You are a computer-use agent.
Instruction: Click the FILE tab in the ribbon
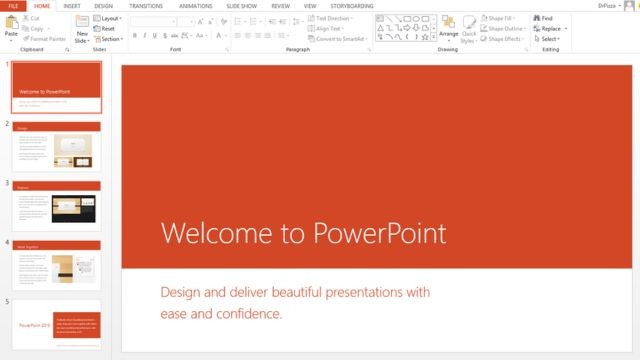click(13, 5)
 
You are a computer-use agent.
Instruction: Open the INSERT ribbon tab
click(72, 5)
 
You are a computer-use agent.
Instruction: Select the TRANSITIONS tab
click(145, 5)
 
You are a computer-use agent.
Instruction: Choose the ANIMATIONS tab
click(195, 5)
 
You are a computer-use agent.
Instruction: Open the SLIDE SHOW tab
click(243, 5)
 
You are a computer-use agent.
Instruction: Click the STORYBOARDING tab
click(351, 5)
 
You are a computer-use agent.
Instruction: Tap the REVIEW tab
click(280, 5)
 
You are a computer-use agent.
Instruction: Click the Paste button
click(11, 27)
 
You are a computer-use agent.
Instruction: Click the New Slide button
click(82, 30)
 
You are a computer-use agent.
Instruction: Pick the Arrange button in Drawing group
click(448, 30)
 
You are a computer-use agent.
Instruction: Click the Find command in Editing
click(546, 18)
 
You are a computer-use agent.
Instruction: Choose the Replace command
click(550, 28)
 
